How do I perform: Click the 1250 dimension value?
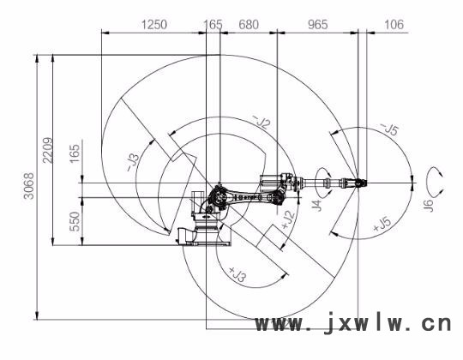pos(154,25)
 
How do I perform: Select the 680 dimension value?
pos(249,25)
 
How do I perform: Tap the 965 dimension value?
pos(318,25)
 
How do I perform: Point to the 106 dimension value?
pos(394,25)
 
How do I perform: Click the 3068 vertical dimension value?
pos(29,186)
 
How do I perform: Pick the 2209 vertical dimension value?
pos(48,150)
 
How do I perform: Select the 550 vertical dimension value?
pos(75,222)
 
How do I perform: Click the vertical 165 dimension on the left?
pos(75,153)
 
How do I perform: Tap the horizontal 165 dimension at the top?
pos(213,25)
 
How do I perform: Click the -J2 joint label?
pos(262,122)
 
